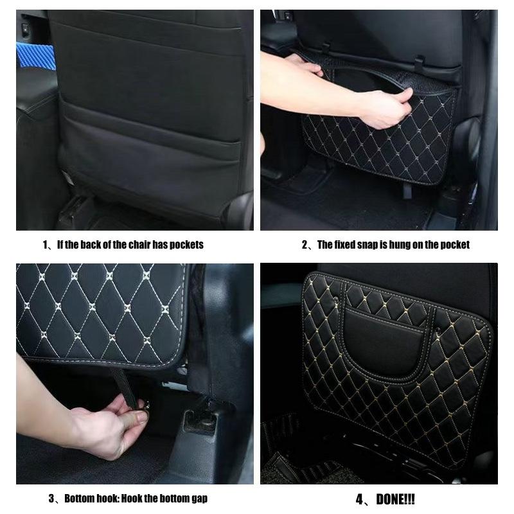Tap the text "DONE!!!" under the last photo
[394, 499]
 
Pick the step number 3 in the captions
[53, 499]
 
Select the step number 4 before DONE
[360, 499]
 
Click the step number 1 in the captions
[46, 245]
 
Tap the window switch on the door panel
[25, 30]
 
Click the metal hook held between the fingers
[144, 406]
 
